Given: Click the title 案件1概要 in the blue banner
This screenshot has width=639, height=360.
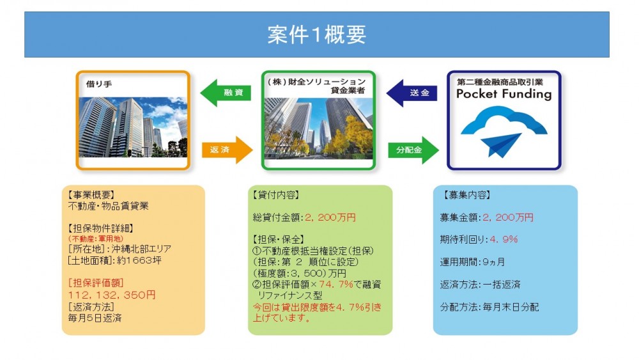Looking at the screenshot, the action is (317, 35).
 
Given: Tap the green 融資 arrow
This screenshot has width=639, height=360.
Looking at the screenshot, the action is (226, 93).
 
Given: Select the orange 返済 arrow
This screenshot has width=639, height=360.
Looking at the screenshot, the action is (227, 150).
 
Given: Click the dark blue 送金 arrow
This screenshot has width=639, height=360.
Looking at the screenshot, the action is (412, 93).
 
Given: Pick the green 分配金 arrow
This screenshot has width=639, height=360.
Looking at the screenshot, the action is (413, 150).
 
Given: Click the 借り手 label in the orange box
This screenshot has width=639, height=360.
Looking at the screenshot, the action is (98, 84).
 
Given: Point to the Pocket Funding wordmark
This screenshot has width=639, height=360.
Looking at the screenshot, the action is (504, 94).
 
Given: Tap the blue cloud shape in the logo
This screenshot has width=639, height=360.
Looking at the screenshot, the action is (504, 122).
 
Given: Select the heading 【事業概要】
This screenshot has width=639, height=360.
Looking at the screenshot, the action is (91, 195).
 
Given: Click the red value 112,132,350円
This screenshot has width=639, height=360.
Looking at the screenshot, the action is (112, 295).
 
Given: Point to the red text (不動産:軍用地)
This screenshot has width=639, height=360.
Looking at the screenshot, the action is (95, 239).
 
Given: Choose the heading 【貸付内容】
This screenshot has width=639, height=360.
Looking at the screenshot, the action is (276, 195).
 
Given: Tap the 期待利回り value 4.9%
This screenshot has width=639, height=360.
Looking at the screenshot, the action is (504, 239).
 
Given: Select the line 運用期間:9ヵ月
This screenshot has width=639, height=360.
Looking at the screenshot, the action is (472, 262).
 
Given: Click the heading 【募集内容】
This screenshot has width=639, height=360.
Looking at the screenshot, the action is (466, 195).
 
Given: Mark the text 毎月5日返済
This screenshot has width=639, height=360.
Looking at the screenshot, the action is (95, 318).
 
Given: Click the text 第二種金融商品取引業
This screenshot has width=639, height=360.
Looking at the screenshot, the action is (500, 82).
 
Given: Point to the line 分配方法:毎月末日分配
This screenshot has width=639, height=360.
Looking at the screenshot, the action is (489, 307).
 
